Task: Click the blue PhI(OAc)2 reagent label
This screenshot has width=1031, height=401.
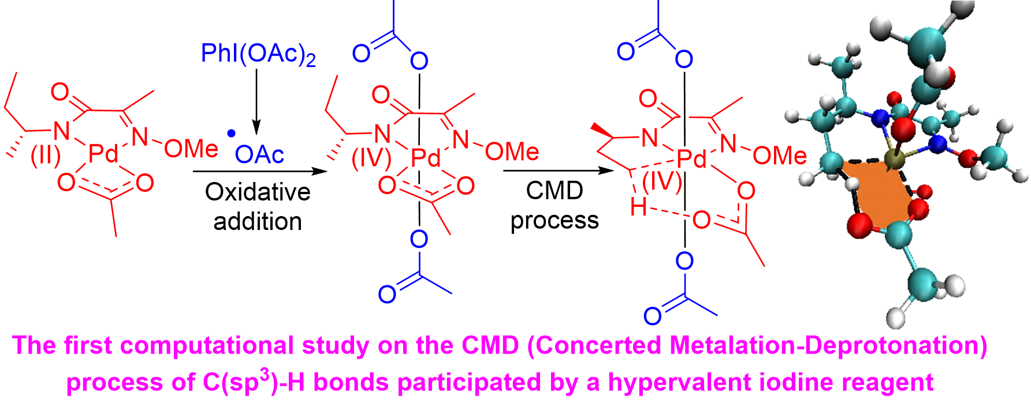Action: [258, 54]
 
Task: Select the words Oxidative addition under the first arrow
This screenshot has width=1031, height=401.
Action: [258, 207]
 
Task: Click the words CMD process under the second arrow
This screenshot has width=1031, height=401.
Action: [554, 205]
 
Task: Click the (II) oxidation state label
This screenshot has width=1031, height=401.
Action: [46, 155]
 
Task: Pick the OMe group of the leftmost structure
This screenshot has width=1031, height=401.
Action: [191, 149]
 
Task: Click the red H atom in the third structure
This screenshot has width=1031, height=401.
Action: [638, 207]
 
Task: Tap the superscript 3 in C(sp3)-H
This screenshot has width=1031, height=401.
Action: [265, 374]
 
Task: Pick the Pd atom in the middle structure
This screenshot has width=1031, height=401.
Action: [426, 158]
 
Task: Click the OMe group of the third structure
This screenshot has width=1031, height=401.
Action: [780, 155]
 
